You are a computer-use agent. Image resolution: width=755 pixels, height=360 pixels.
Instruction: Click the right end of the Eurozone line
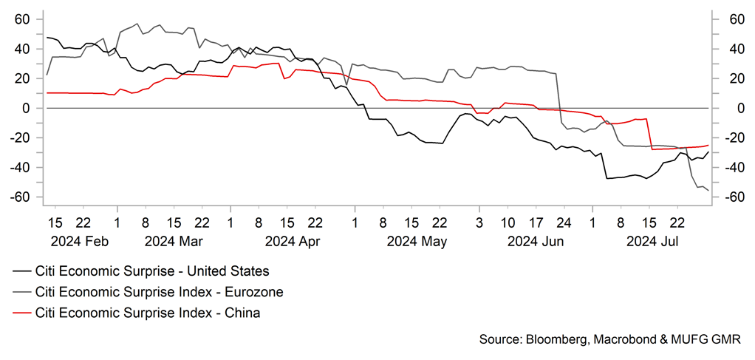pos(708,191)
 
